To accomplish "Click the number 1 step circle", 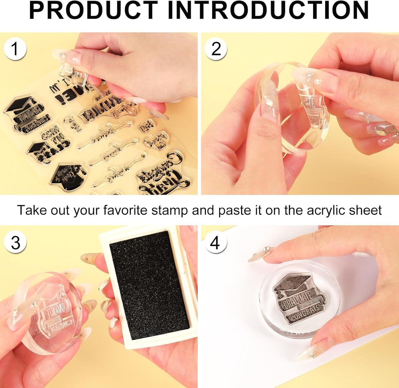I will tap(15, 49).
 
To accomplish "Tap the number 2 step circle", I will tap(216, 49).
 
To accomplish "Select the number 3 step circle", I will tap(15, 242).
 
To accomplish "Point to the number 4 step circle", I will tap(216, 243).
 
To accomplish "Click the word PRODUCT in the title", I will tap(93, 11).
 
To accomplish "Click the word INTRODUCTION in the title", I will tap(268, 11).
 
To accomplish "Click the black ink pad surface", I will tap(149, 287).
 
